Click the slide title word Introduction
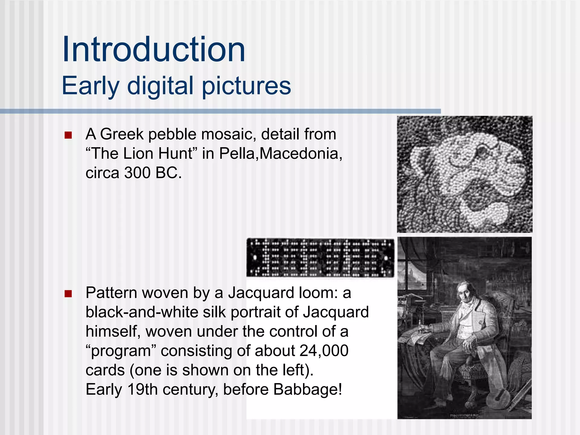pos(153,50)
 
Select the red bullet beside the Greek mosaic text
pos(68,135)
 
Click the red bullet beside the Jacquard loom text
pos(68,294)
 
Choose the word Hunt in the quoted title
pos(175,153)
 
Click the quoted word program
pos(121,351)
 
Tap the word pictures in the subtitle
pos(246,86)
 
